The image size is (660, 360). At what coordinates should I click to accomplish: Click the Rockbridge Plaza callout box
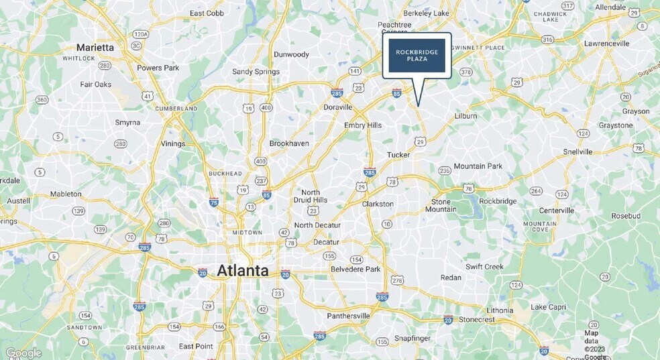pos(417,56)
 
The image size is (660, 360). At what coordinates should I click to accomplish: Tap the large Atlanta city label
pos(242,271)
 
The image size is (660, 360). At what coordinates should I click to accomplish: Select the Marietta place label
pos(95,48)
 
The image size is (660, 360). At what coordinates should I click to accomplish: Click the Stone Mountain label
pos(441,205)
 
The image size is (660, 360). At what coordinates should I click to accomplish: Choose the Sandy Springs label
pos(256,72)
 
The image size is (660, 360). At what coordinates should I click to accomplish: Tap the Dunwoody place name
pos(291,54)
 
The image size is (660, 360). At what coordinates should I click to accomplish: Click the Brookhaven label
pos(289,143)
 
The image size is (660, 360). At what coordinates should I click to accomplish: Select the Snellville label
pos(577,152)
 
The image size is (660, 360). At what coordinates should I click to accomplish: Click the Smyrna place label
pos(127,123)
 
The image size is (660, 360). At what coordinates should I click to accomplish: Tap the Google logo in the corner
pos(23,353)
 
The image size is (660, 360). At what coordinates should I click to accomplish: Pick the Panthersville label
pos(349,316)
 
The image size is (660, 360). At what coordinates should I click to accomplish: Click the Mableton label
pos(66,194)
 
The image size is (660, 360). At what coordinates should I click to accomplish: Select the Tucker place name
pos(398,155)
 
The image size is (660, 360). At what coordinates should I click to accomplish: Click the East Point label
pos(196,346)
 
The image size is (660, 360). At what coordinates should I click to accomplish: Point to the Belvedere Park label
pos(356,269)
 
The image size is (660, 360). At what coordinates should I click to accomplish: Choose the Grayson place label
pos(636,111)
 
